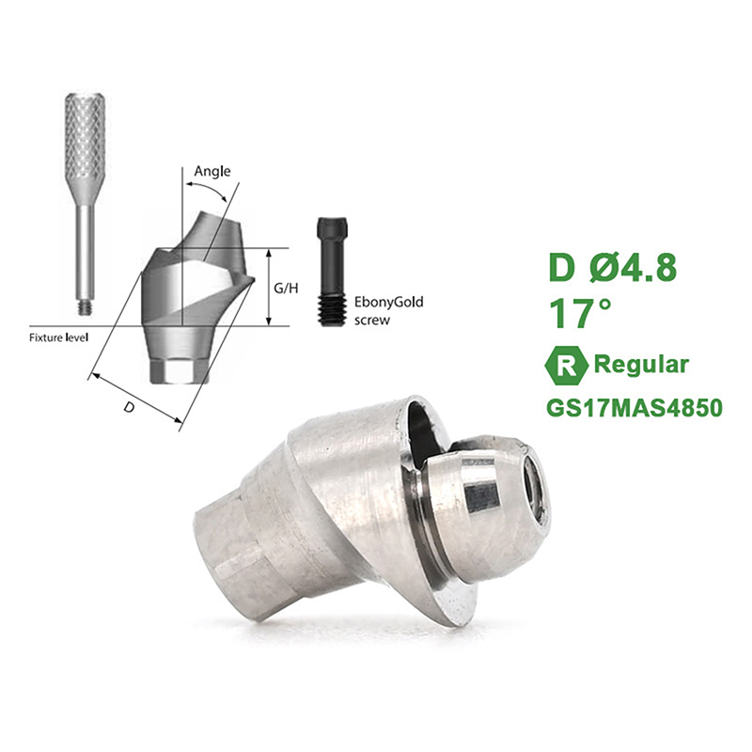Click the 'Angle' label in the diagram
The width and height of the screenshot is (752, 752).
(x=212, y=172)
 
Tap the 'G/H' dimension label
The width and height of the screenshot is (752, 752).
(x=286, y=289)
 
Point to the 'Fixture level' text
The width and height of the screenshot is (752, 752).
(x=59, y=337)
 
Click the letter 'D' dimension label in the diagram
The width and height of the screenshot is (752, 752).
(x=129, y=407)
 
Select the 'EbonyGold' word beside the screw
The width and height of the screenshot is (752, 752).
(x=388, y=302)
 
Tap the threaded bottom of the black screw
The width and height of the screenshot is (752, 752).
(x=331, y=311)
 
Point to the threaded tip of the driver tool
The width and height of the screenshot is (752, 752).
(x=85, y=307)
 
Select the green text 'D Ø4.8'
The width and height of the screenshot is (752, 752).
(x=613, y=268)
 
